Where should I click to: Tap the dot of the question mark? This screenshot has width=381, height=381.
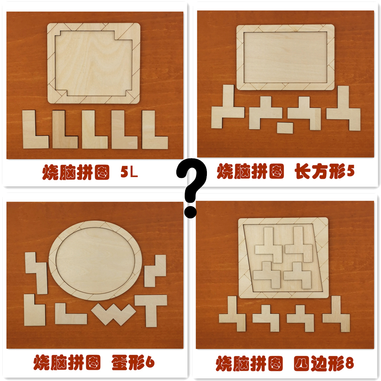pos(189,211)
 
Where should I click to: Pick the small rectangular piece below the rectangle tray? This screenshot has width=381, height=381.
pos(285,127)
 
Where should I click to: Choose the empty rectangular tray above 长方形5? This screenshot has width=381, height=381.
pos(285,57)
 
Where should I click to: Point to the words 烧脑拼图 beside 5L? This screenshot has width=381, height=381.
pos(76,172)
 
